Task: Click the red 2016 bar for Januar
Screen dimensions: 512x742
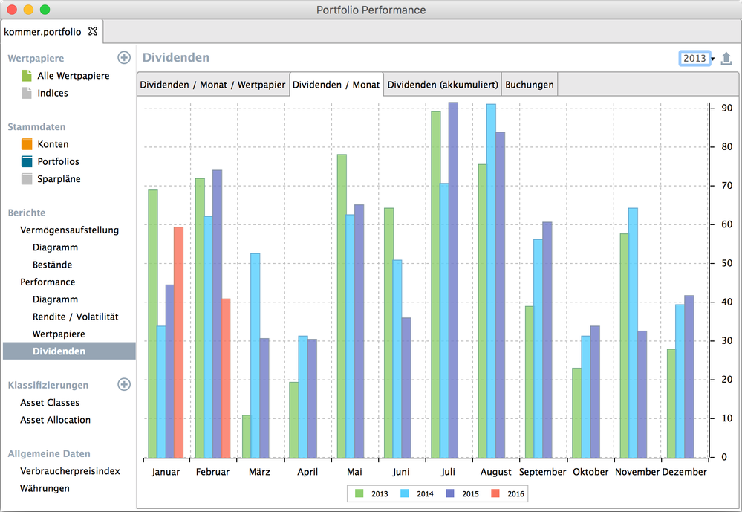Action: (178, 342)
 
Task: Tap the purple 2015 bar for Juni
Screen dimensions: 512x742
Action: (406, 387)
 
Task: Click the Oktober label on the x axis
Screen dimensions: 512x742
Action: (590, 472)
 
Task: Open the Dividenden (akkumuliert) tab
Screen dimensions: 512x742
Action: (442, 85)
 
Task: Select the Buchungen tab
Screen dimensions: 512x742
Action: (529, 85)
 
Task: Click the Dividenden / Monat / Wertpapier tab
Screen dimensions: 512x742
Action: (212, 85)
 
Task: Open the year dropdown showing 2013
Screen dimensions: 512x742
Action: (697, 59)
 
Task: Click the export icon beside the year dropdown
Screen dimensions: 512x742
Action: (726, 59)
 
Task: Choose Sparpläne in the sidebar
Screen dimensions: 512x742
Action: (59, 179)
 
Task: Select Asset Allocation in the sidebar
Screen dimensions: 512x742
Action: (55, 420)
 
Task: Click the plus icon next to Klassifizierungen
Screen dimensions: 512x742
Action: (124, 385)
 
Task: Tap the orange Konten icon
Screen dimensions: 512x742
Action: (27, 144)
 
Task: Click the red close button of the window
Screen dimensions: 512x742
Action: (12, 10)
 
